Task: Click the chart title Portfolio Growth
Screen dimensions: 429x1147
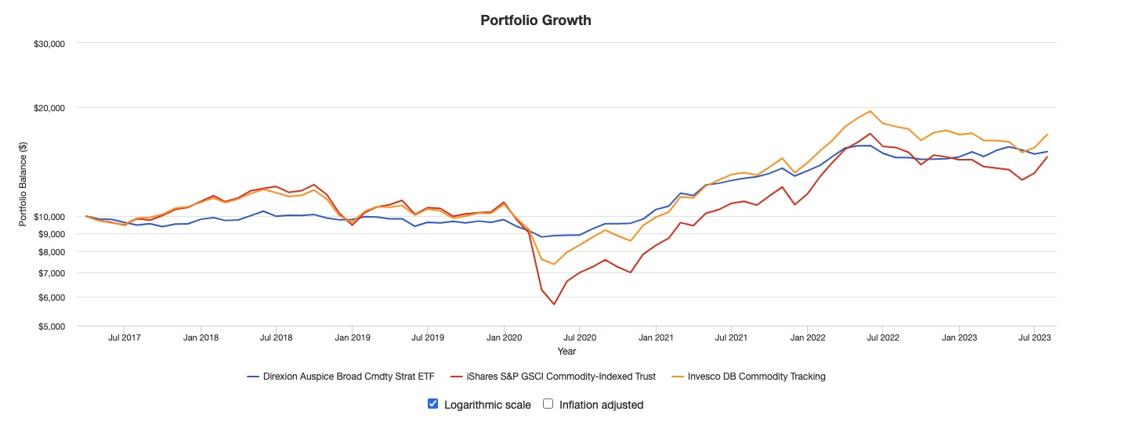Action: coord(536,20)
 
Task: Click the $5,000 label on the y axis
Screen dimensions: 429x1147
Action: coord(49,326)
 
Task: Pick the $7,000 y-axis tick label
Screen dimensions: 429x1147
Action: coord(49,273)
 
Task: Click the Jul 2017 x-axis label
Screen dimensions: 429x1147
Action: coord(125,338)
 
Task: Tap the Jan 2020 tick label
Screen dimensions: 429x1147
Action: coord(503,338)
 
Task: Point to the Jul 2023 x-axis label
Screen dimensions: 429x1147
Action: coord(1034,338)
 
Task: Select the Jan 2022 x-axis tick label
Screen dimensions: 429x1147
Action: coord(807,338)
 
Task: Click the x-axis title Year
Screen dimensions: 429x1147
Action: coord(566,351)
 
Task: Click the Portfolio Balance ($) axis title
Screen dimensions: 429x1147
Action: coord(24,185)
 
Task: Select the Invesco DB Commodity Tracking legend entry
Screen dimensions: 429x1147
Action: coord(750,377)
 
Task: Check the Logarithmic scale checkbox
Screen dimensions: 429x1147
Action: coord(432,404)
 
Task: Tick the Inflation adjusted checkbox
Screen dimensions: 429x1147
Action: coord(548,404)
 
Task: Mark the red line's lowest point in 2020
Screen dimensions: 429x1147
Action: coord(554,305)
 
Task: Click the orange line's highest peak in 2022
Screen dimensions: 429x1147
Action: coord(870,111)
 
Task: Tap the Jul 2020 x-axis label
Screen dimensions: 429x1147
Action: coord(578,338)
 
